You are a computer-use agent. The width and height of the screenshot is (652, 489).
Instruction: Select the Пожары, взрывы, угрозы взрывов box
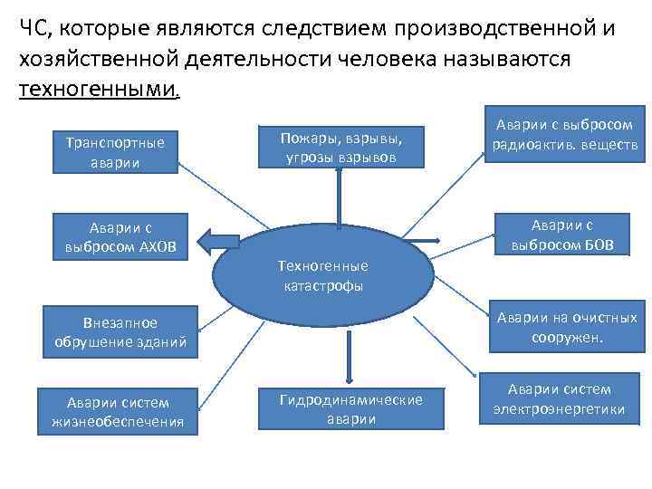point(340,147)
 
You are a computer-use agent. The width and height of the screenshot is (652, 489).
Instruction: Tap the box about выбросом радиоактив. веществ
point(563,135)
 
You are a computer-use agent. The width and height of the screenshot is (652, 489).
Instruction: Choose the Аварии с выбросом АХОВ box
point(121,236)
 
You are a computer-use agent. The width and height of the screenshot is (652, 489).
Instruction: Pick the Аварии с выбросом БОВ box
point(563,235)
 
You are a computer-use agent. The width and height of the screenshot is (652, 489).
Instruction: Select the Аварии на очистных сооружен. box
point(563,326)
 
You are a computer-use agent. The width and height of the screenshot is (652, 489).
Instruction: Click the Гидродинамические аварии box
point(350,410)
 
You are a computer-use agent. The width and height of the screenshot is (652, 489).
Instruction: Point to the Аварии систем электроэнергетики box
point(559,399)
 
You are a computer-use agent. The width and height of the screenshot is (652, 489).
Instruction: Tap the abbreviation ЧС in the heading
point(34,28)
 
